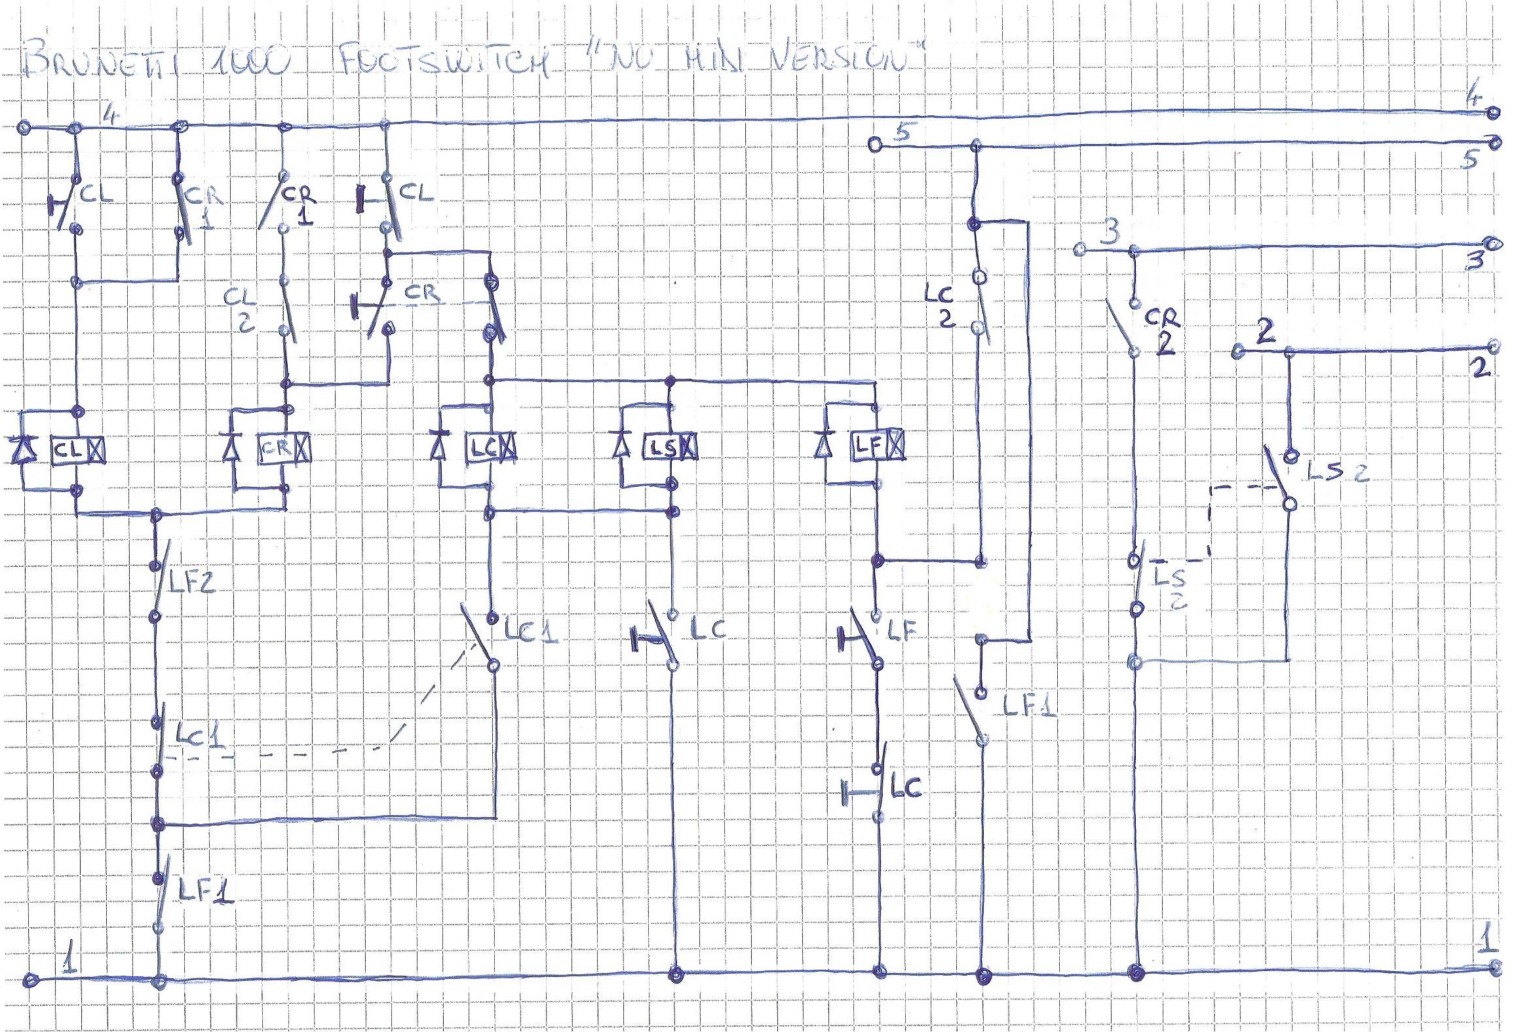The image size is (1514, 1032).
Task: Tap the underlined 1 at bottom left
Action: tap(68, 963)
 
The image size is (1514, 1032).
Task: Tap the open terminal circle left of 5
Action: tap(874, 144)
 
